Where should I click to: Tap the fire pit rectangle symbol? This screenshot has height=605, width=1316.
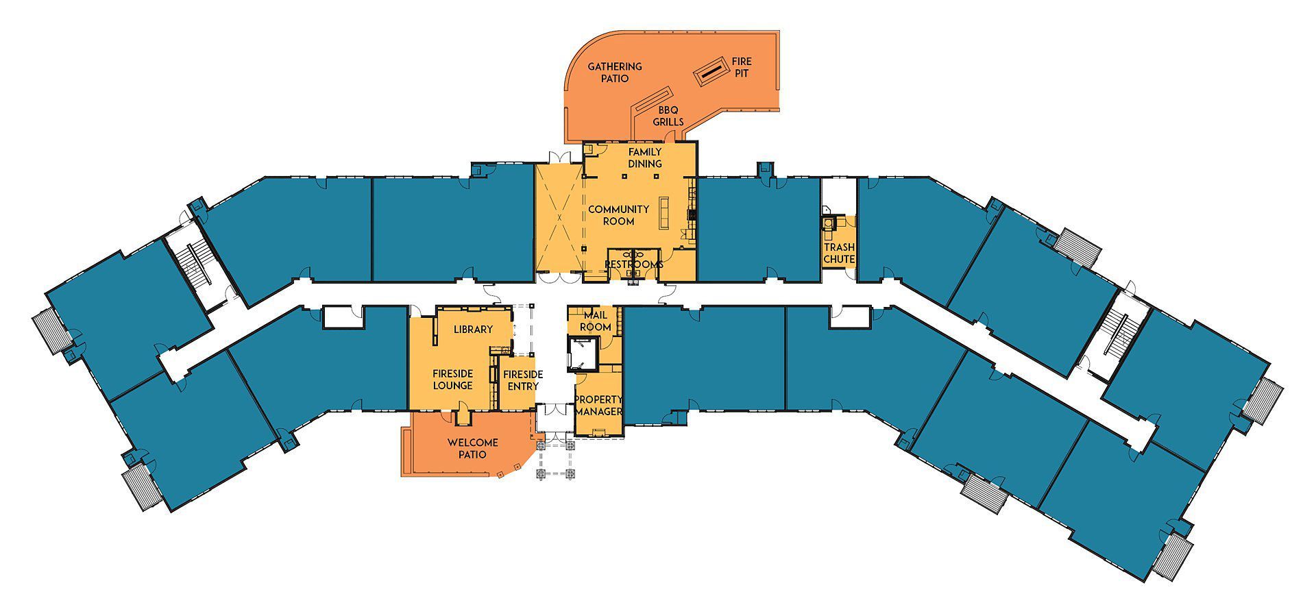click(712, 70)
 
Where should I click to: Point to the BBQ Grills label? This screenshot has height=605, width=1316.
click(671, 116)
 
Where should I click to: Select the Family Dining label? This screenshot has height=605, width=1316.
click(645, 158)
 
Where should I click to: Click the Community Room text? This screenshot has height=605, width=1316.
click(618, 215)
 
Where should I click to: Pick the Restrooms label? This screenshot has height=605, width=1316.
click(633, 264)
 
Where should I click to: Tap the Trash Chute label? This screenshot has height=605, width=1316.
click(839, 253)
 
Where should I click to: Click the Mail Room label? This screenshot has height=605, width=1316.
click(595, 321)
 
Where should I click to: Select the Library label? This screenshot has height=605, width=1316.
click(473, 330)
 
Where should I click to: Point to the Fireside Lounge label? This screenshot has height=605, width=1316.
click(452, 380)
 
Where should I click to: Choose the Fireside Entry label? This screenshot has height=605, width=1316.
click(523, 380)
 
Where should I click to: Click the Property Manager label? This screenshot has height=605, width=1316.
click(598, 406)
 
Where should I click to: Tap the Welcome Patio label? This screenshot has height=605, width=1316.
click(472, 448)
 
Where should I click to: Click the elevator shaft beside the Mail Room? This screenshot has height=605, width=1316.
click(583, 353)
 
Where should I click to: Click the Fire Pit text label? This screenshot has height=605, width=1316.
click(742, 67)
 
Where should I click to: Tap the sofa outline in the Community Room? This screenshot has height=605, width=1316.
click(664, 213)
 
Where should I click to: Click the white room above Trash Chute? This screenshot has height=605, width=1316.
click(839, 196)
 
